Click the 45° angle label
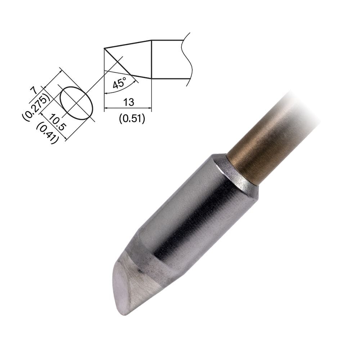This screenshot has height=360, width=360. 119,84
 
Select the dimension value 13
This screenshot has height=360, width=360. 128,102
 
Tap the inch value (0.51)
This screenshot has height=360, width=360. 132,118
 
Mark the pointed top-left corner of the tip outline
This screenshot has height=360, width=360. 104,48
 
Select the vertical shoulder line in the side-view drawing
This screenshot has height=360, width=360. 151,59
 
